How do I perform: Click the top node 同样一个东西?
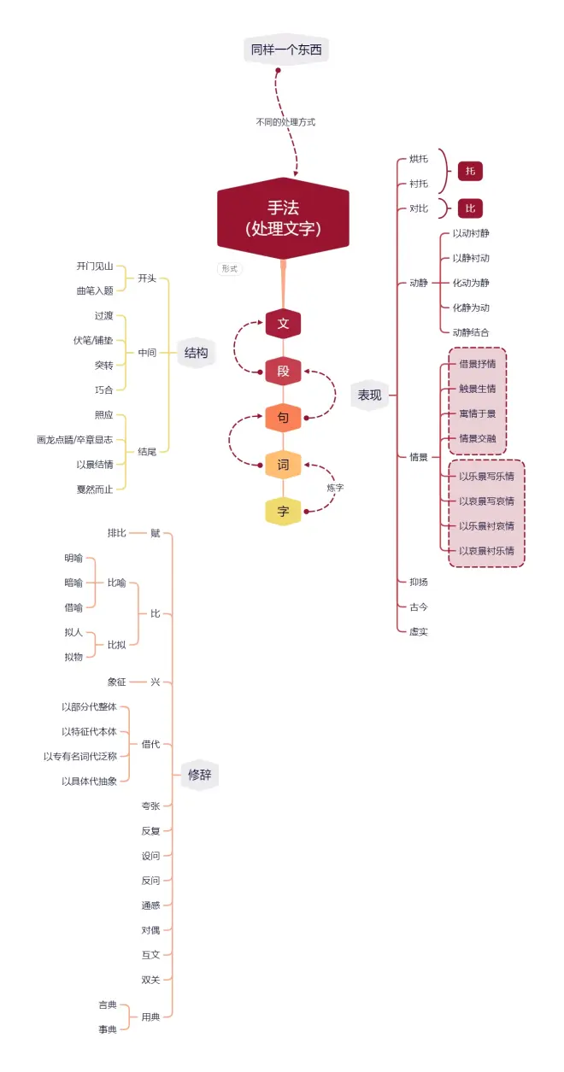[286, 50]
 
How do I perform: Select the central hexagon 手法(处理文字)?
[283, 218]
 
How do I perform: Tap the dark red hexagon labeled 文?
[283, 324]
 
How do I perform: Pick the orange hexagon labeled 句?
[283, 419]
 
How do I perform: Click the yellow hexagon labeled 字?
[283, 512]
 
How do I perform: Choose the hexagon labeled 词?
[283, 465]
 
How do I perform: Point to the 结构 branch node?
[197, 352]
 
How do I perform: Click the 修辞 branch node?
[200, 775]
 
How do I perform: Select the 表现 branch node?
[369, 395]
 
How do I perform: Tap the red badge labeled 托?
[470, 171]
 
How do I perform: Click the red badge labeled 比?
[470, 208]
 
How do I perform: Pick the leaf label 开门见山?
[95, 267]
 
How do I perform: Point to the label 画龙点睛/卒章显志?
[74, 439]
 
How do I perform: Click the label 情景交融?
[478, 438]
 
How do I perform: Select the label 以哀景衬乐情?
[486, 551]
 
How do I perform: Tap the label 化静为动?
[471, 308]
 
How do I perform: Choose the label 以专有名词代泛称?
[82, 756]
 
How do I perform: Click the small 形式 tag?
[229, 268]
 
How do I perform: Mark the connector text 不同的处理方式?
[285, 122]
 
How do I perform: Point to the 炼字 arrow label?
[335, 488]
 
